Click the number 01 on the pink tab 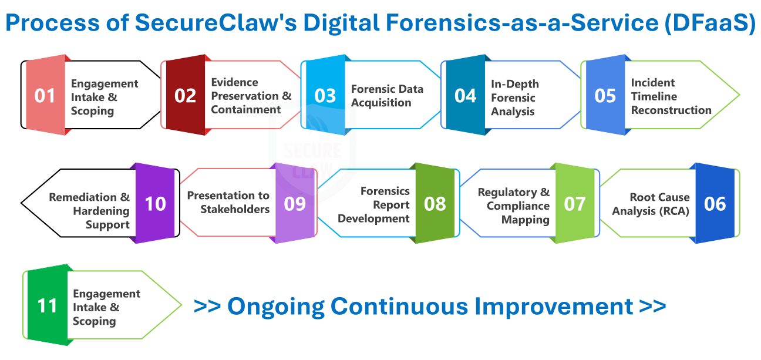tap(45, 96)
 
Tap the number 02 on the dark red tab tap(185, 96)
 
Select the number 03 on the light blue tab tap(325, 96)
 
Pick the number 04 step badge tap(465, 96)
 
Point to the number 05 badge tap(605, 96)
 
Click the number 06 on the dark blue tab tap(715, 204)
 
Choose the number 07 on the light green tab tap(575, 204)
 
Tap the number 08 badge tap(435, 204)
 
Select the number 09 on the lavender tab tap(295, 204)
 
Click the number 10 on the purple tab tap(155, 204)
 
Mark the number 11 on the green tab tap(47, 306)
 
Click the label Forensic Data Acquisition tap(387, 96)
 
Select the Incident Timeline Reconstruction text tap(671, 96)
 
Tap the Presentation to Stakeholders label tap(228, 202)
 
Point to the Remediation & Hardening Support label tap(89, 211)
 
